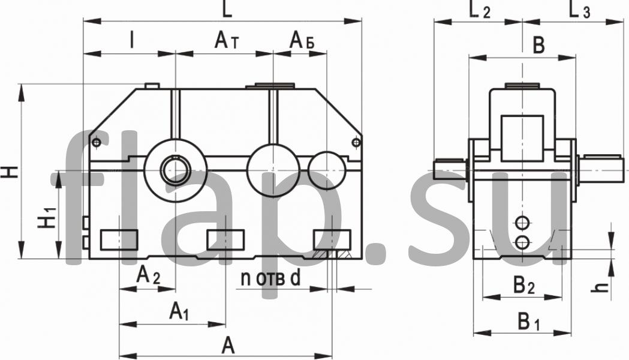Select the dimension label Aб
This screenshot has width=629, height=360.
302,41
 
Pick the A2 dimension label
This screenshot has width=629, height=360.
148,276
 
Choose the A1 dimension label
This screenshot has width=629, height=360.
179,311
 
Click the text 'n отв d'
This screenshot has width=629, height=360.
270,278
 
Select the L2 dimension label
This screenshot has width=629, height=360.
479,10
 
